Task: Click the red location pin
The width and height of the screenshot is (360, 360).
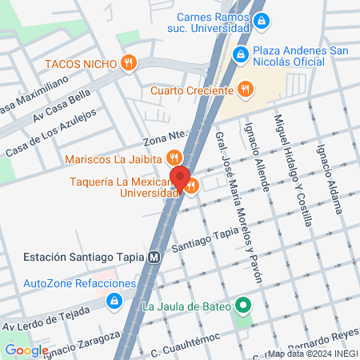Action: pos(180,180)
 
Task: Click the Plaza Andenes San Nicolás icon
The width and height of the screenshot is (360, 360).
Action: pos(238,55)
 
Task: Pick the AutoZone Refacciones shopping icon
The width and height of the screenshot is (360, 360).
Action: pos(114,300)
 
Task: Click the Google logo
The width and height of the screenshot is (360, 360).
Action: pos(26,350)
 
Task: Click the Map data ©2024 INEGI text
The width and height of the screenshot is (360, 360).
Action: pos(310,354)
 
